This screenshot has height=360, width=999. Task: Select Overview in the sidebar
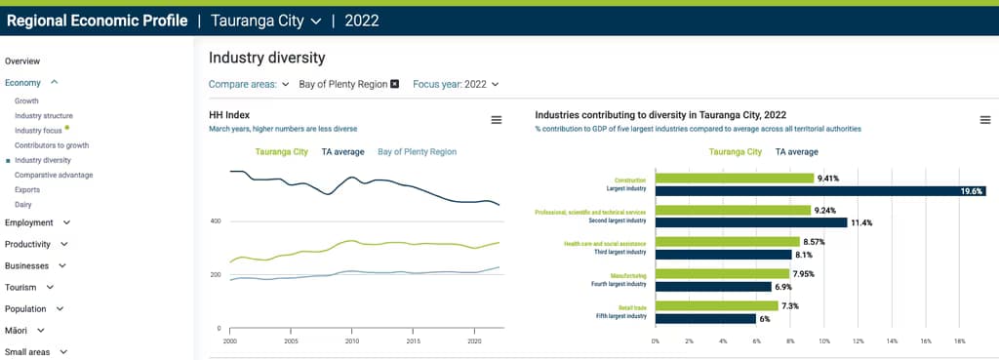tap(22, 60)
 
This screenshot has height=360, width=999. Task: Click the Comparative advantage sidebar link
tap(54, 175)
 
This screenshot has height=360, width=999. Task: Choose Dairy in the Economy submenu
tap(24, 204)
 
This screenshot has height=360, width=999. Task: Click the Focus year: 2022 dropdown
tap(456, 84)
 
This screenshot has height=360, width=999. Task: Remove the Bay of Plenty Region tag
tap(394, 84)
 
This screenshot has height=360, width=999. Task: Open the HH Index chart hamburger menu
tap(496, 119)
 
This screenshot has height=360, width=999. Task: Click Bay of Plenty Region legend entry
tap(417, 151)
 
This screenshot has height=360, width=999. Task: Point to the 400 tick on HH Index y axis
tap(216, 221)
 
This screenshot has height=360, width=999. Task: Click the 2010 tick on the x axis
tap(352, 341)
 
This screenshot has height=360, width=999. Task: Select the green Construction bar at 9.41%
tap(734, 179)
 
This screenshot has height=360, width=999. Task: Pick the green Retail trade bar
tap(716, 305)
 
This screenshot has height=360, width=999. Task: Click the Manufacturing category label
tap(628, 274)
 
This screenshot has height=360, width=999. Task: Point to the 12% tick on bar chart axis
tap(858, 341)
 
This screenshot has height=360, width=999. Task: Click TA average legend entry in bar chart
tap(796, 151)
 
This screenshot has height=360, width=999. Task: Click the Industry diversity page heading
tap(266, 58)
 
